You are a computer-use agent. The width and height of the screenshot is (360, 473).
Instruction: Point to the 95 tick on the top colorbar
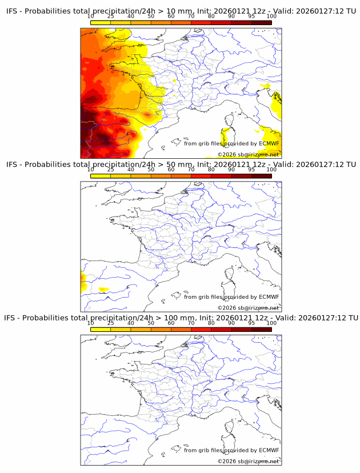[x=252, y=17]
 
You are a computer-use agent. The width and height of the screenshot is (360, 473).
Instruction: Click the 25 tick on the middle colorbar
[x=111, y=170]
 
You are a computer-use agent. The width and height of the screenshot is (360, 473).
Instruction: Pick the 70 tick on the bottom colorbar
[x=191, y=323]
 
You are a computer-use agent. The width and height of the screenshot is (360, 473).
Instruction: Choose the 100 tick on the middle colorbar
[x=271, y=170]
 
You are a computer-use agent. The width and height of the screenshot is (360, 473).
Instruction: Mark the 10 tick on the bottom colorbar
[x=91, y=323]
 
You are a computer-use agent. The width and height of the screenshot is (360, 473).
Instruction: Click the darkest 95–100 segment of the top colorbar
[x=262, y=22]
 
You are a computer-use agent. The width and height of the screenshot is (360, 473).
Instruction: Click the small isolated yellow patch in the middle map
[x=103, y=290]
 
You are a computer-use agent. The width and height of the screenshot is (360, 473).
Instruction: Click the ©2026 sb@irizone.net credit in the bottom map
[x=248, y=461]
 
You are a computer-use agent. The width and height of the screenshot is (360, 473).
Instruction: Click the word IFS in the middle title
[x=12, y=165]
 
